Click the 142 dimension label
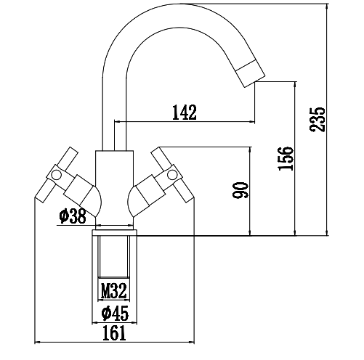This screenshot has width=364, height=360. (x=185, y=112)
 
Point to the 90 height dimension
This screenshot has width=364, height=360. (x=242, y=190)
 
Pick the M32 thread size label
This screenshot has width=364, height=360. (x=114, y=292)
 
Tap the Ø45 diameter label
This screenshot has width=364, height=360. (x=115, y=313)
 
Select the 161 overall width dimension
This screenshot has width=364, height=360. (x=114, y=333)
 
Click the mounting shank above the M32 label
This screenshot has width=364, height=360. (x=114, y=258)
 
